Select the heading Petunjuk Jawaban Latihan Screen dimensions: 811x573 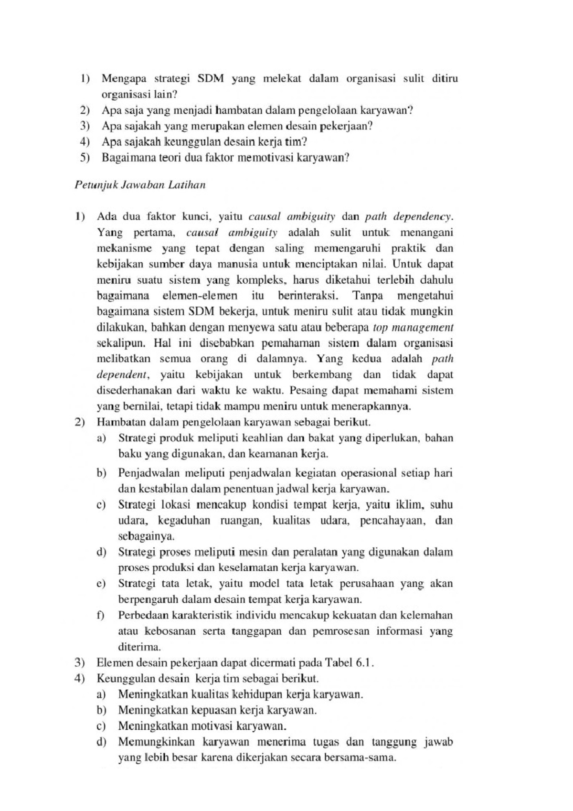click(x=140, y=185)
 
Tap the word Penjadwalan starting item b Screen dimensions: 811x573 click(x=148, y=473)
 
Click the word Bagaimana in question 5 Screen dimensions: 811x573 click(x=125, y=158)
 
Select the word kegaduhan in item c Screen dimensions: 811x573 click(x=184, y=521)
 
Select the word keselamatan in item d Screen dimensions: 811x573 click(x=248, y=568)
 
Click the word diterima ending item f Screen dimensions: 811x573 click(x=139, y=647)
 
